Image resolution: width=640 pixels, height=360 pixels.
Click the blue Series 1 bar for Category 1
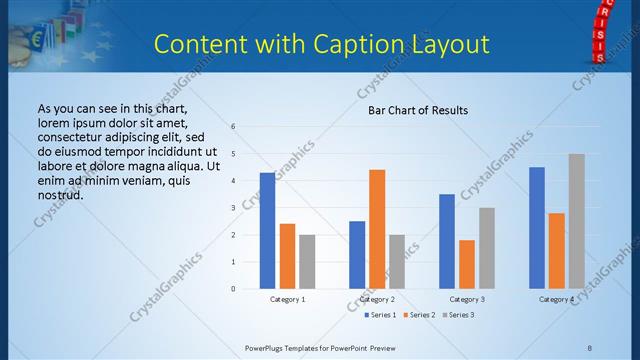(x=267, y=231)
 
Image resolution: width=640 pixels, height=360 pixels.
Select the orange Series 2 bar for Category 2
(x=377, y=229)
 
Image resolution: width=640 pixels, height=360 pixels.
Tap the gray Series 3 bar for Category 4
(x=576, y=221)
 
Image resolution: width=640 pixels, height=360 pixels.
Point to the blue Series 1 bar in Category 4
(x=537, y=228)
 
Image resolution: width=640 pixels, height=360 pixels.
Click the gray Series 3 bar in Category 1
(x=307, y=262)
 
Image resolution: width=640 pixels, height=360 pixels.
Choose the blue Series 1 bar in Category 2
(x=357, y=255)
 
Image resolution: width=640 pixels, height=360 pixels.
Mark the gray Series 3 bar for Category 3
(x=486, y=248)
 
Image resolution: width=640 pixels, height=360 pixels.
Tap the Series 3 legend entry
(x=458, y=315)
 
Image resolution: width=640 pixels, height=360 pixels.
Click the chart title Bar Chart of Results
(x=412, y=110)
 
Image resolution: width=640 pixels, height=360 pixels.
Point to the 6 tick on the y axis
(x=232, y=127)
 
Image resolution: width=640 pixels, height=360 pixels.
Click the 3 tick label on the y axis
(x=232, y=208)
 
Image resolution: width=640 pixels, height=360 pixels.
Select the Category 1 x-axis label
(x=288, y=299)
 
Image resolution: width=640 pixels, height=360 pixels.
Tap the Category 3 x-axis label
(x=467, y=299)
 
